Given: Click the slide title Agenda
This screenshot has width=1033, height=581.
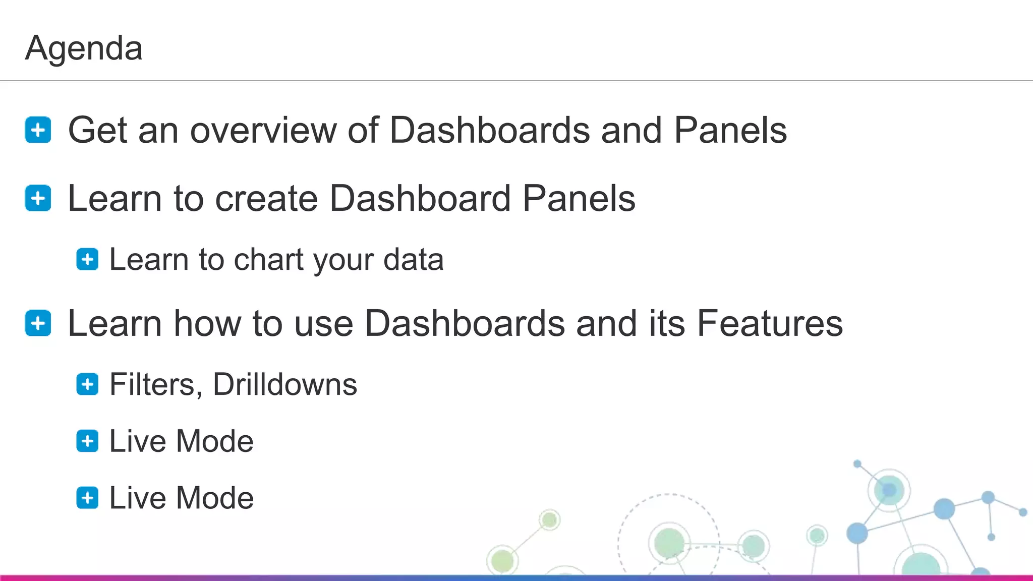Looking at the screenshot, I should pyautogui.click(x=84, y=48).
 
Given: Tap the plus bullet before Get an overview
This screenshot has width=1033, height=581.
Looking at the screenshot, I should pyautogui.click(x=38, y=130).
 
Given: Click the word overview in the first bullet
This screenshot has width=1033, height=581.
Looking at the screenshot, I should pyautogui.click(x=263, y=131).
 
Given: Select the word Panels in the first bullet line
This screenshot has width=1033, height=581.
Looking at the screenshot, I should pyautogui.click(x=730, y=131).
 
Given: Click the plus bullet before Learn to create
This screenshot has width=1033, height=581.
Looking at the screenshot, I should pyautogui.click(x=38, y=198).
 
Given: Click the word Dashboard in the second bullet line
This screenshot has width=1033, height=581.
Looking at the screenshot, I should pyautogui.click(x=420, y=198).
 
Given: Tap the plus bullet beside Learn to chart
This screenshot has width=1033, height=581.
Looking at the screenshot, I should pyautogui.click(x=87, y=260).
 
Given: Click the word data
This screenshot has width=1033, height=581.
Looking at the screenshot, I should pyautogui.click(x=413, y=260).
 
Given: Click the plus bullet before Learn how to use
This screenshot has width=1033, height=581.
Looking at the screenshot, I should pyautogui.click(x=38, y=323).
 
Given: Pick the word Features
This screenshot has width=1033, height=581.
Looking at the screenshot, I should pyautogui.click(x=770, y=323).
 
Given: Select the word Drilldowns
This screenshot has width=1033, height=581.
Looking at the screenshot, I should pyautogui.click(x=285, y=385).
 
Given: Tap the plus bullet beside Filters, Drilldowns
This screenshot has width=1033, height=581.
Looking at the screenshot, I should pyautogui.click(x=87, y=385).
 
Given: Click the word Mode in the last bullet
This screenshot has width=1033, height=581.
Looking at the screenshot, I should pyautogui.click(x=215, y=498).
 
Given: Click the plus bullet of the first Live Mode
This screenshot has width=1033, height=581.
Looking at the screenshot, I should pyautogui.click(x=87, y=441).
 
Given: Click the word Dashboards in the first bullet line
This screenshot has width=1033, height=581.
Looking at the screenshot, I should pyautogui.click(x=489, y=131).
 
